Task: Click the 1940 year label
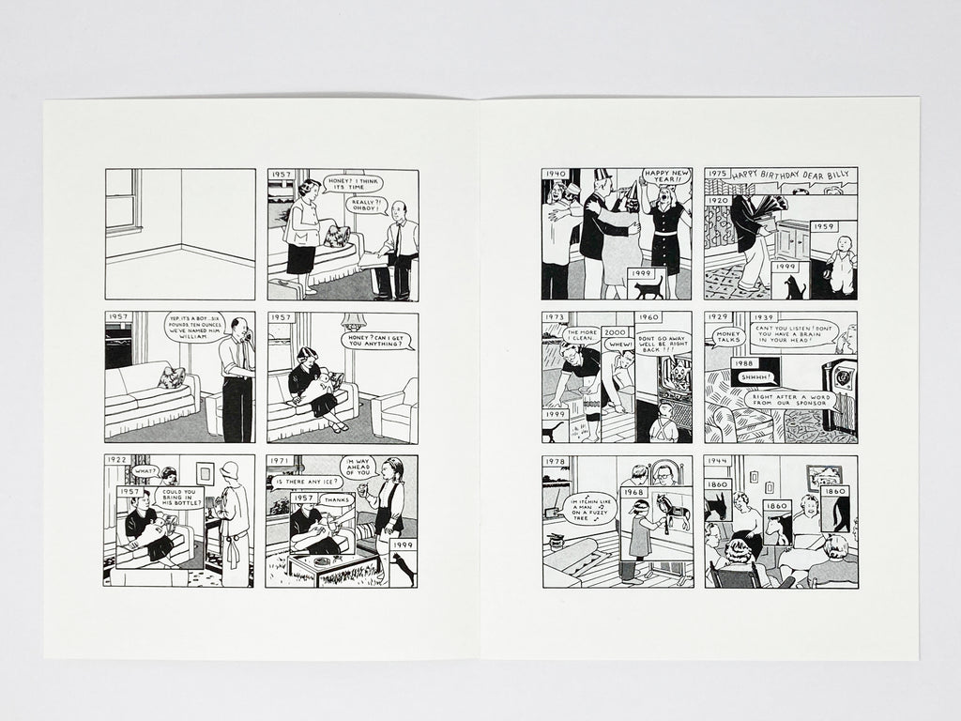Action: (x=556, y=175)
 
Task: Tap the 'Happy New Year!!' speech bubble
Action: (x=665, y=176)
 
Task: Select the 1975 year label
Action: (x=718, y=175)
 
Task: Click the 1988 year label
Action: (x=746, y=363)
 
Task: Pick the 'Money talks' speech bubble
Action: (x=727, y=335)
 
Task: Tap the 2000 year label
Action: (x=616, y=332)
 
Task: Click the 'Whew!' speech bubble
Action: (x=619, y=345)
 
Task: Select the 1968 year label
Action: (x=634, y=493)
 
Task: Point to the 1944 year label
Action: (x=718, y=462)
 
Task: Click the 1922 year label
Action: (x=117, y=461)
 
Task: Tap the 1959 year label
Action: (x=824, y=227)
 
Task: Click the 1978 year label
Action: (x=556, y=462)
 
